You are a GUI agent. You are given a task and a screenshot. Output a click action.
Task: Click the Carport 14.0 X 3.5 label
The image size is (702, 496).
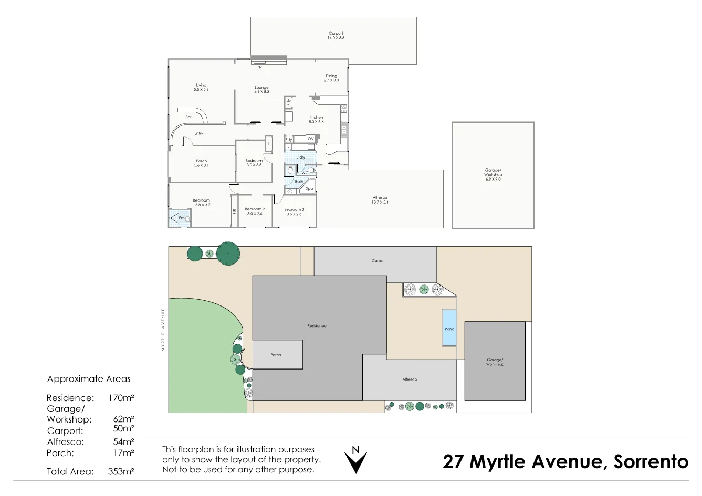(336, 36)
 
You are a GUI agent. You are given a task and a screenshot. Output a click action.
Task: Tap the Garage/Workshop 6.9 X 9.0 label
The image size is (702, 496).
(493, 174)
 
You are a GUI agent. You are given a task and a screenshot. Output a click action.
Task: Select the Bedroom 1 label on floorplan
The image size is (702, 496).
(202, 203)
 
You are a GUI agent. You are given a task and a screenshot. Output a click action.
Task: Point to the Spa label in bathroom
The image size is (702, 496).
(309, 188)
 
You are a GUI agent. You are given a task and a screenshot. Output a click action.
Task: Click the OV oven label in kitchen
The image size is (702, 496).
(310, 139)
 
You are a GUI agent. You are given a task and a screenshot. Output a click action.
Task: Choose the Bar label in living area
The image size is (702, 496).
(188, 117)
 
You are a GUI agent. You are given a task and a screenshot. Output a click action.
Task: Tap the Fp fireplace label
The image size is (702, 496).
(259, 67)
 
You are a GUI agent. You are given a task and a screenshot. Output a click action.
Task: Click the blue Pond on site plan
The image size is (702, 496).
(449, 328)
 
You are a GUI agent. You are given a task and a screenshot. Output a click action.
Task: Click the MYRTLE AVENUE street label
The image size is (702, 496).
(163, 329)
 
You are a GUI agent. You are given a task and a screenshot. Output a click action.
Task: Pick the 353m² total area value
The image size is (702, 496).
(121, 471)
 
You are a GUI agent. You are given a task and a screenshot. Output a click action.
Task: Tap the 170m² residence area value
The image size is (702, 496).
(121, 398)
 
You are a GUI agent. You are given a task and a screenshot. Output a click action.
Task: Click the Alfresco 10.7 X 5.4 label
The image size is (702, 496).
(380, 200)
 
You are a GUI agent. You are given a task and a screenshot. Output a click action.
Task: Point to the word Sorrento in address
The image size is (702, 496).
(651, 461)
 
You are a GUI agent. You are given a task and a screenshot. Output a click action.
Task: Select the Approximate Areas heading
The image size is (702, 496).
(89, 379)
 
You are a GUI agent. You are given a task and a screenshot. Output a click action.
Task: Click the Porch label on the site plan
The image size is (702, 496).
(276, 355)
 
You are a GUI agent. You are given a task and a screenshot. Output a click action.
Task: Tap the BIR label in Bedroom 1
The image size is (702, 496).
(234, 212)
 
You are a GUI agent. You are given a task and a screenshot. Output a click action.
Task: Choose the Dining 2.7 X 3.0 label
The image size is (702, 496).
(331, 78)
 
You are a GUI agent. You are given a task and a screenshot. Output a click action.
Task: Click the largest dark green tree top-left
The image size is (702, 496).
(228, 254)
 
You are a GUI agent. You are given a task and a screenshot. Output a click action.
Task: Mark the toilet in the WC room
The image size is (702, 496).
(290, 170)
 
